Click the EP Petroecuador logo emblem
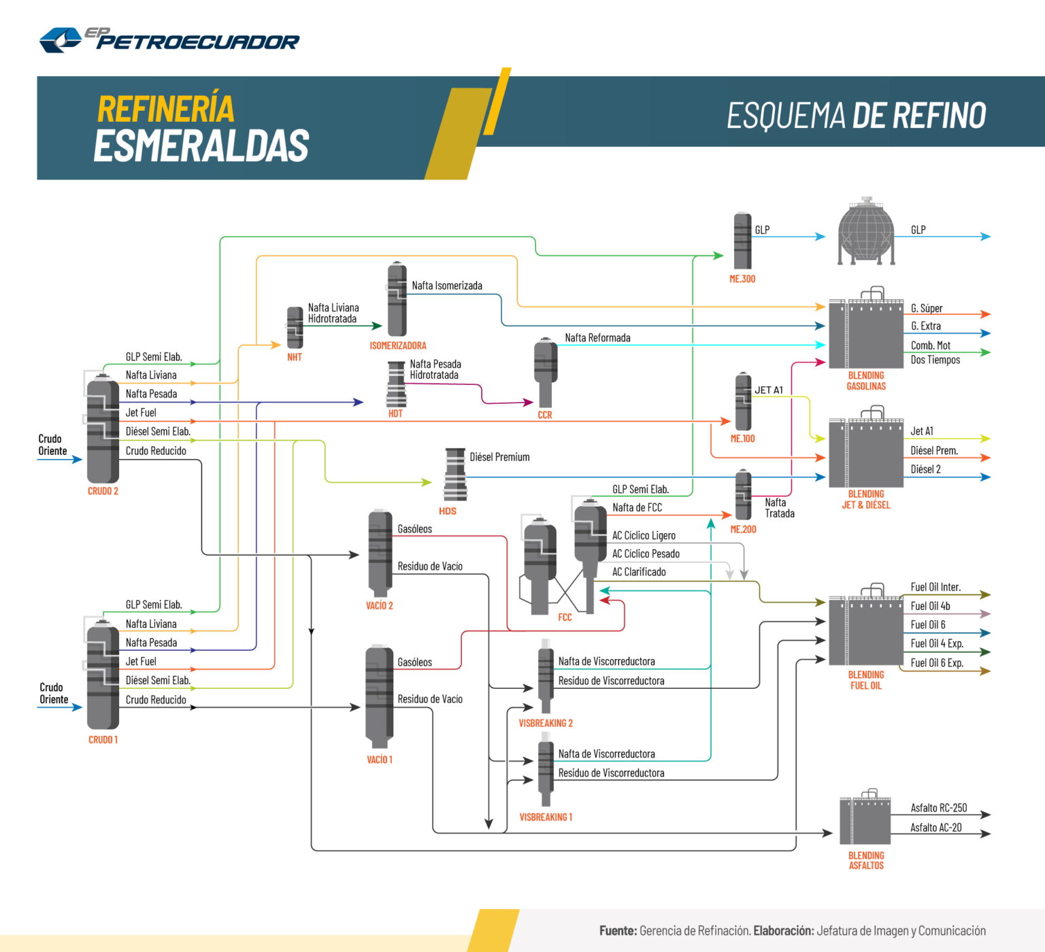pyautogui.click(x=61, y=39)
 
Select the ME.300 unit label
pyautogui.click(x=742, y=279)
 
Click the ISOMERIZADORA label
pyautogui.click(x=398, y=345)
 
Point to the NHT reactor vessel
pyautogui.click(x=295, y=327)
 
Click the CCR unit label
pyautogui.click(x=545, y=415)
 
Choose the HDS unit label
pyautogui.click(x=448, y=511)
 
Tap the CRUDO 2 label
pyautogui.click(x=103, y=491)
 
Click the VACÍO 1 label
pyautogui.click(x=380, y=760)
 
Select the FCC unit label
pyautogui.click(x=565, y=617)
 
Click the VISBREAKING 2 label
pyautogui.click(x=546, y=724)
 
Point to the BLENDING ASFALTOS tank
pyautogui.click(x=865, y=820)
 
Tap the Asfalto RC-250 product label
pyautogui.click(x=939, y=808)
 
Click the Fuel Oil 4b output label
pyautogui.click(x=930, y=606)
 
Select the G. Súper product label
pyautogui.click(x=927, y=308)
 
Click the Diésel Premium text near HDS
pyautogui.click(x=499, y=457)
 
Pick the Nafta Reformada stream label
pyautogui.click(x=597, y=338)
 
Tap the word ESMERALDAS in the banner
pyautogui.click(x=201, y=146)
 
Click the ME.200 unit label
pyautogui.click(x=743, y=529)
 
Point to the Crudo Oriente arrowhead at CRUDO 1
pyautogui.click(x=78, y=707)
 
